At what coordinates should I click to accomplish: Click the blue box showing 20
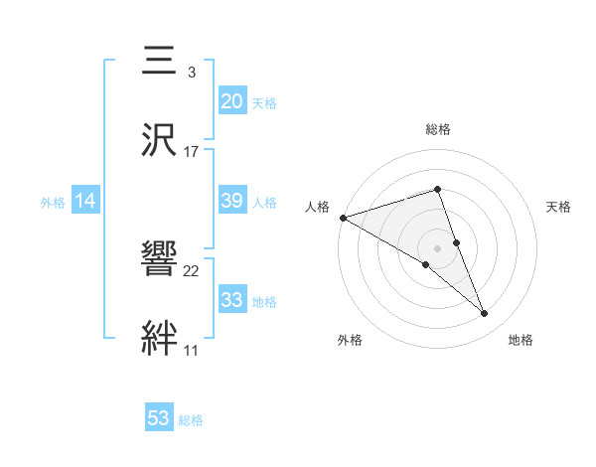pyautogui.click(x=231, y=101)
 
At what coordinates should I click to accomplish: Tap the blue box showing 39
pyautogui.click(x=231, y=201)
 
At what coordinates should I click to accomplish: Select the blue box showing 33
pyautogui.click(x=231, y=300)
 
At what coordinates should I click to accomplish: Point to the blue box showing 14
pyautogui.click(x=85, y=202)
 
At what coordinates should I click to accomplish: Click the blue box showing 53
pyautogui.click(x=159, y=418)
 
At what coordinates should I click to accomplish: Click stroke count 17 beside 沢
pyautogui.click(x=192, y=151)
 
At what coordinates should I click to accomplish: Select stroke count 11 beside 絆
pyautogui.click(x=191, y=350)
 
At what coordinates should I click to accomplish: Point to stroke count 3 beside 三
pyautogui.click(x=191, y=73)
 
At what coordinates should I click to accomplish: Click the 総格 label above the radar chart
pyautogui.click(x=438, y=129)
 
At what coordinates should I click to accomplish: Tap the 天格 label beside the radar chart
pyautogui.click(x=559, y=207)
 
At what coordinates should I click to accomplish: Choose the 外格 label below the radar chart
pyautogui.click(x=350, y=341)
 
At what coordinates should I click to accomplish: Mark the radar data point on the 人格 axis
pyautogui.click(x=343, y=218)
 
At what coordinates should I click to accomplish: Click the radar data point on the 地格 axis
pyautogui.click(x=485, y=314)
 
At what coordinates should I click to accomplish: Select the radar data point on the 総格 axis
pyautogui.click(x=438, y=190)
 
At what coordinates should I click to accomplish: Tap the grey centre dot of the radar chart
pyautogui.click(x=438, y=247)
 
